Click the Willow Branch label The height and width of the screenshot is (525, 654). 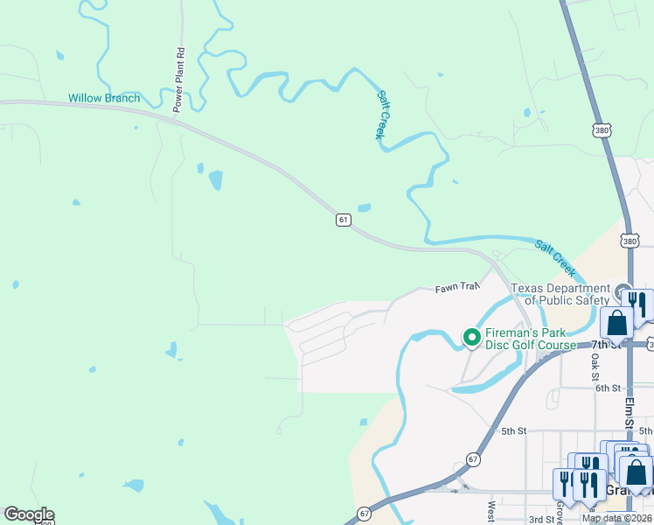coord(104,98)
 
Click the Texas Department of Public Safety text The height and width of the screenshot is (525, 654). coord(560,295)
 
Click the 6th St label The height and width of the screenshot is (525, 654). coord(608,388)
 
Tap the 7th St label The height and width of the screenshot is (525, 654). coord(604,345)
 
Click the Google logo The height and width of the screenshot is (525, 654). coord(29,514)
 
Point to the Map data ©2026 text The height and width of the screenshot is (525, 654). coord(617,518)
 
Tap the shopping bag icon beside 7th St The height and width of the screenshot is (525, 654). coord(616,322)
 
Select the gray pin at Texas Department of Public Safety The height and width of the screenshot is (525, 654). coord(622,290)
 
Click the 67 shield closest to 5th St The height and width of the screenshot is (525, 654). coord(473,459)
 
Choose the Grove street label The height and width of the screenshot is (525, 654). coord(559,512)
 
